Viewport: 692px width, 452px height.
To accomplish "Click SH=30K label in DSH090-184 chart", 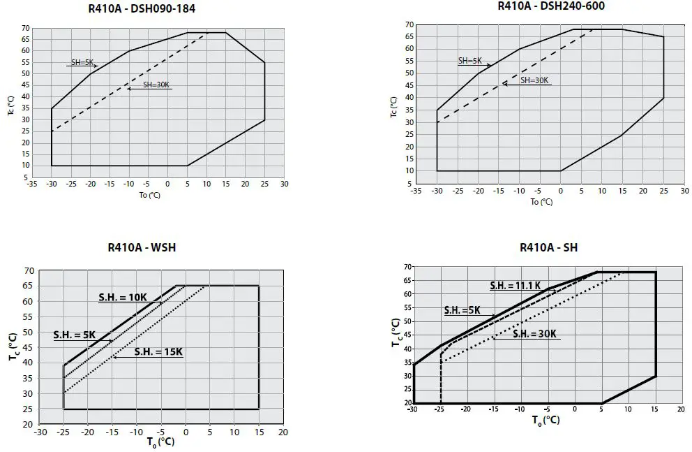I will tap(156, 85).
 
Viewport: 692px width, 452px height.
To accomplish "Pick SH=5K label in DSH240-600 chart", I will tap(470, 60).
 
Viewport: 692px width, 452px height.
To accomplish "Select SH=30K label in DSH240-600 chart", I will tap(534, 80).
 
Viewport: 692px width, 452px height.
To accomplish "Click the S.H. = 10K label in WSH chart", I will tap(122, 297).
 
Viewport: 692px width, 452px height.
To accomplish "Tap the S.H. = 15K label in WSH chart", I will tap(158, 351).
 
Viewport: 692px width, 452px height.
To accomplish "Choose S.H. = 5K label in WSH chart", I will tap(74, 335).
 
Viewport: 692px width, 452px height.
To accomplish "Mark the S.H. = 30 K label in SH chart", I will tap(535, 333).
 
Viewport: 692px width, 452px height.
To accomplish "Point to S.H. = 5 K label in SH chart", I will tap(462, 309).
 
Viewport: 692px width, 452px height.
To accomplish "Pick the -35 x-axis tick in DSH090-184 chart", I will tap(31, 184).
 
